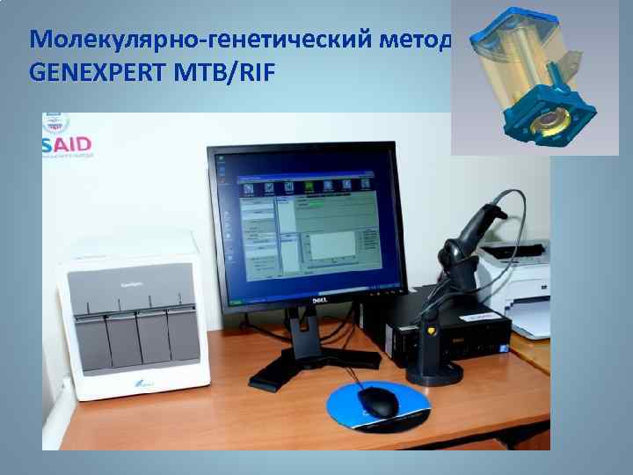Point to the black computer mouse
click(379, 402)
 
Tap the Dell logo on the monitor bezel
click(309, 302)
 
